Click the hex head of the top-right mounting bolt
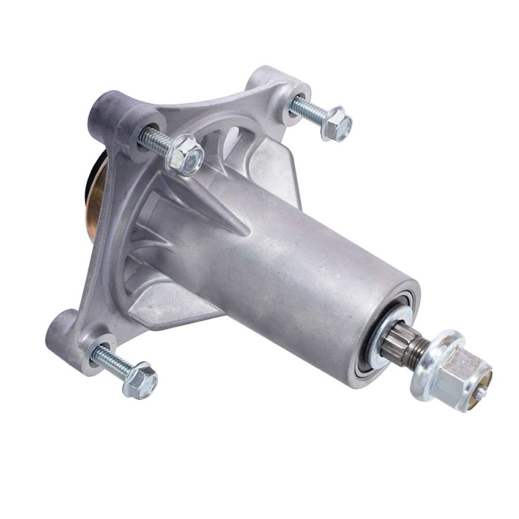click(x=337, y=124)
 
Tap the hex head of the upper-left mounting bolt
click(x=185, y=155)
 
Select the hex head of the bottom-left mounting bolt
click(x=141, y=380)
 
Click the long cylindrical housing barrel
click(x=311, y=270)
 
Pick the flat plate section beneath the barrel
click(x=171, y=306)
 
